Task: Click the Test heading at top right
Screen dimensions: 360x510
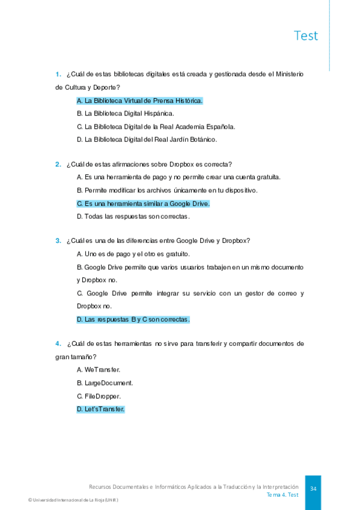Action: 306,35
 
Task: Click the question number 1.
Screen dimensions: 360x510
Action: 58,74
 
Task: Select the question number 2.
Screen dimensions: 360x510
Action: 58,164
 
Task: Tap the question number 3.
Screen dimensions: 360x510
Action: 58,241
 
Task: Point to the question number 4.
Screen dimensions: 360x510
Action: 58,343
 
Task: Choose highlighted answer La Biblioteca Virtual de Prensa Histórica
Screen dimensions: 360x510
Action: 140,100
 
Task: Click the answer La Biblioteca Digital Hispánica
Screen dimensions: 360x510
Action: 126,113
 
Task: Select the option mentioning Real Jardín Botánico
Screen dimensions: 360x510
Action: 147,139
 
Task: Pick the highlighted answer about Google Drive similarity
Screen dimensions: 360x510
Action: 143,203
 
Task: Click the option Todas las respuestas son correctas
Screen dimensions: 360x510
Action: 133,216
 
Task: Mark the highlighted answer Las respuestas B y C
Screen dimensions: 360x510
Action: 133,319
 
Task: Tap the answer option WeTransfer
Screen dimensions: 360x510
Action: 99,369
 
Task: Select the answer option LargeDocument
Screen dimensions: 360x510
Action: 105,382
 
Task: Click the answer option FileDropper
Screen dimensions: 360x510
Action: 99,396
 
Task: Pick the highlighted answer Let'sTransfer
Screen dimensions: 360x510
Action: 100,409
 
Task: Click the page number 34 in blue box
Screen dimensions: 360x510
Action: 313,489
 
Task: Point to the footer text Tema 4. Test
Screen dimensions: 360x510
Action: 282,494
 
